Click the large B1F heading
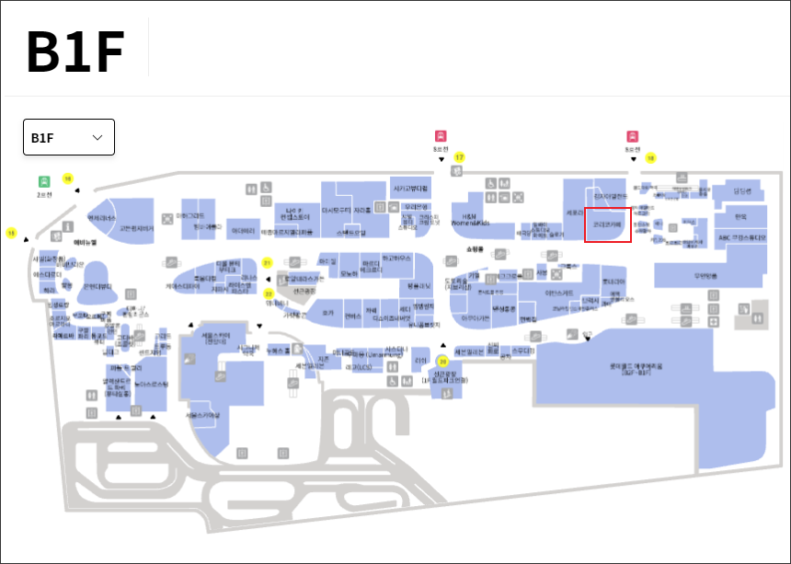point(75,52)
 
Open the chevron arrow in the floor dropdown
point(97,138)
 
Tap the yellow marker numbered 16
point(67,178)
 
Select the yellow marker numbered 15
point(11,234)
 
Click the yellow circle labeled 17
point(459,157)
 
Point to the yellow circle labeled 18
point(650,158)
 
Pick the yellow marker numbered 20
point(441,361)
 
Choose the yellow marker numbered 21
point(268,263)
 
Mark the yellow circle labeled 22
point(269,294)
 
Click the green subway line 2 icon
point(44,182)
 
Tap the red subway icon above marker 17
point(441,135)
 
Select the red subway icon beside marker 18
point(632,136)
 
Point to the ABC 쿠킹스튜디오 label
point(741,237)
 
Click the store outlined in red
point(608,224)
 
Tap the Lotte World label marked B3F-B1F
point(635,368)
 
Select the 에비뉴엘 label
point(86,242)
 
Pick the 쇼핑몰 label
point(476,248)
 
